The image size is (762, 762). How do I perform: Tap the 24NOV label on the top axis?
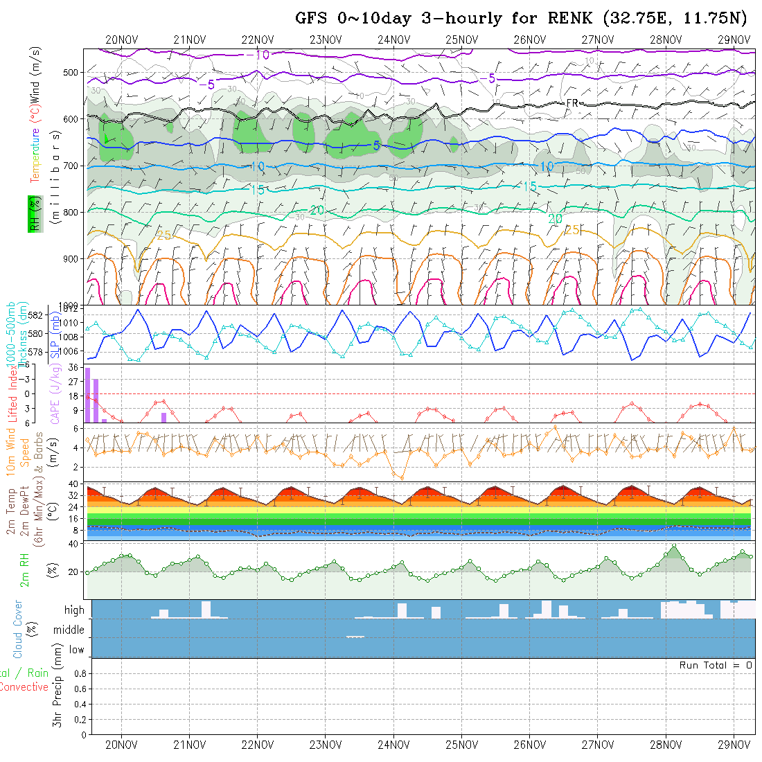[x=393, y=39]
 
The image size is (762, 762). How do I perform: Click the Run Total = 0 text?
[x=716, y=665]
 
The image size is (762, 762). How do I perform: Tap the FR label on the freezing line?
[x=572, y=103]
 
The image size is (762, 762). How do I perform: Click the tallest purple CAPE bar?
[x=88, y=395]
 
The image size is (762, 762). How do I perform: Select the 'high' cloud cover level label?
[x=74, y=610]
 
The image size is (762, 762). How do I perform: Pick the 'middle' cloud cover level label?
[x=69, y=630]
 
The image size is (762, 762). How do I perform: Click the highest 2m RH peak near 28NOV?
[x=674, y=547]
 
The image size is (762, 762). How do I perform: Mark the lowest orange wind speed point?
[x=402, y=478]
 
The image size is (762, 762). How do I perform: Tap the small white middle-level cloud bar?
[x=355, y=637]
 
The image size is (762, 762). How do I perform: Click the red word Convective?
[x=24, y=687]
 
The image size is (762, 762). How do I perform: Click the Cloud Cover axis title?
[x=18, y=629]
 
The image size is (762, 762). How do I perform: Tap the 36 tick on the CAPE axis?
[x=71, y=367]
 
